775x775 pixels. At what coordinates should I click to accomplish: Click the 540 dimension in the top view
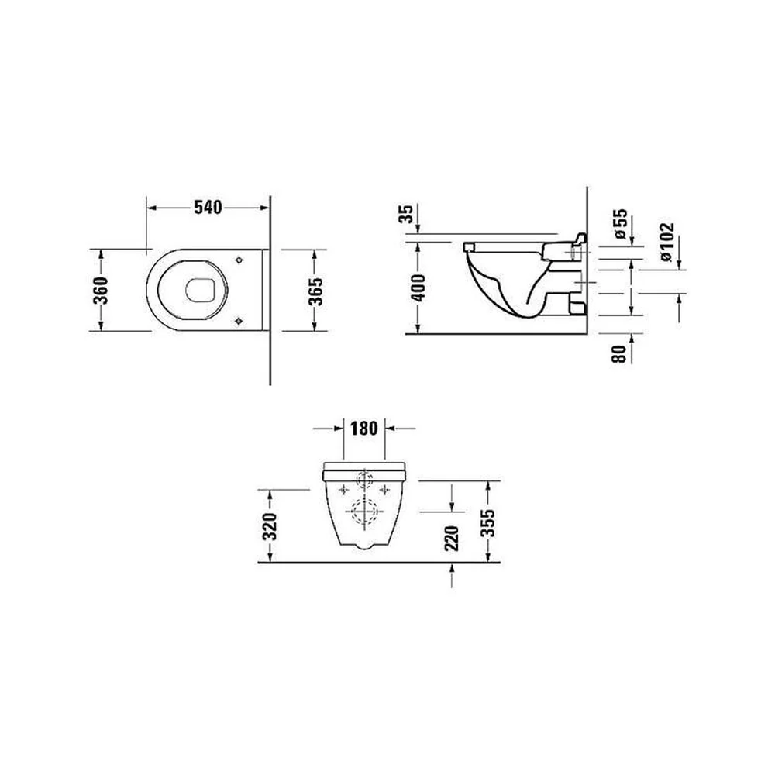click(208, 208)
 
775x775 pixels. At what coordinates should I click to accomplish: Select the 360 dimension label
click(100, 291)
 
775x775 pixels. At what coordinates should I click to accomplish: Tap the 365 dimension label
click(315, 291)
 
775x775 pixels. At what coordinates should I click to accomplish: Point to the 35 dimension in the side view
click(406, 214)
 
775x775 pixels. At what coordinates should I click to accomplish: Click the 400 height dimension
click(418, 288)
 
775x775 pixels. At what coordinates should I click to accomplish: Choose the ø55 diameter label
click(620, 224)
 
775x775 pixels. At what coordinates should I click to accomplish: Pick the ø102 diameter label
click(666, 242)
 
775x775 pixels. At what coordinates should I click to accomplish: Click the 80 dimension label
click(618, 354)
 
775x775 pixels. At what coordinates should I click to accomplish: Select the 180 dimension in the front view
click(363, 428)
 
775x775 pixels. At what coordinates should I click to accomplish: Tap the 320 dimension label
click(270, 527)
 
